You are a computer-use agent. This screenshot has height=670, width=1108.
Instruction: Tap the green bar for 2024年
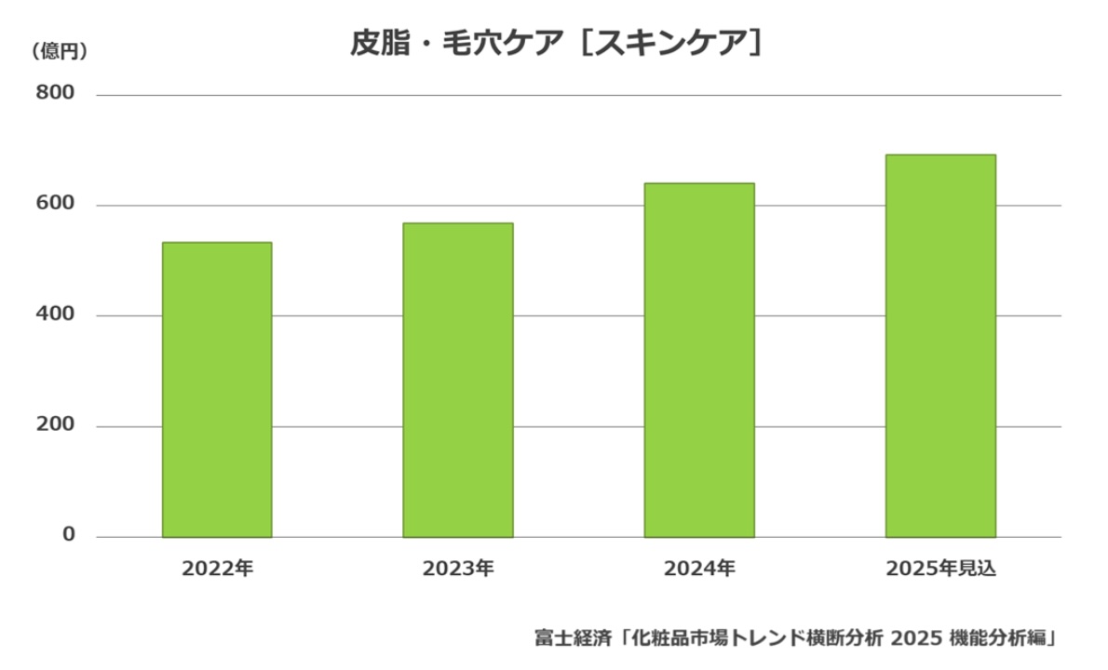click(x=699, y=360)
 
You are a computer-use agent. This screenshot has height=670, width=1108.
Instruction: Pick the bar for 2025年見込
click(x=940, y=345)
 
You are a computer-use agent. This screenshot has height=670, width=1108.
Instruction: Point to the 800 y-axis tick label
click(x=56, y=94)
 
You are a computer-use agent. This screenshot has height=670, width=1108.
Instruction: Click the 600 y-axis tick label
click(x=56, y=205)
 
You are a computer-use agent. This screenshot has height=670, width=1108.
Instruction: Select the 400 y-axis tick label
click(x=56, y=315)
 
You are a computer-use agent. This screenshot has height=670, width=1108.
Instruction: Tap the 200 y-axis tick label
click(x=56, y=426)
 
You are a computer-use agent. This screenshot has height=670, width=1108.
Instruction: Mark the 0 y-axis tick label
click(x=69, y=535)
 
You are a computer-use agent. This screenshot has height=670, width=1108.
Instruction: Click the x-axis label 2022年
click(x=217, y=569)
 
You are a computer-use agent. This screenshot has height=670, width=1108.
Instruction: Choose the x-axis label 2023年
click(x=458, y=569)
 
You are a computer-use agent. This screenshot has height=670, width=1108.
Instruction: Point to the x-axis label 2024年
click(x=699, y=569)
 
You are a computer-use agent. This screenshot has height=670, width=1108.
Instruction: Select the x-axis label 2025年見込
click(x=940, y=569)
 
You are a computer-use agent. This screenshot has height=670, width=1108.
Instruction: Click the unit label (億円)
click(x=60, y=51)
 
